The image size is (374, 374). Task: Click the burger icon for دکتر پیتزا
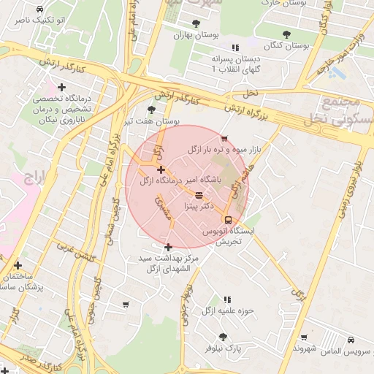tap(199, 195)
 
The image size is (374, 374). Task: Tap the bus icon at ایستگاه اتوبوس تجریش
tap(228, 219)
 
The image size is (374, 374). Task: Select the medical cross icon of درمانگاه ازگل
tap(161, 169)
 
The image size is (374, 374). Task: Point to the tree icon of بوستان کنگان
tap(286, 34)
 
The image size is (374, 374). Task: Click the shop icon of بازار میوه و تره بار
tap(224, 139)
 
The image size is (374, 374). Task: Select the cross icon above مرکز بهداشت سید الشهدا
tap(169, 247)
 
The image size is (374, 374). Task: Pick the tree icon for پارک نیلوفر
tap(223, 337)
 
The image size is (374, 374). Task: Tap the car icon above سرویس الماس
tap(351, 340)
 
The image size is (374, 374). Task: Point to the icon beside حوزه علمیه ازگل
tap(227, 299)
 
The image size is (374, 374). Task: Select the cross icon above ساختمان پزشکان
tap(18, 266)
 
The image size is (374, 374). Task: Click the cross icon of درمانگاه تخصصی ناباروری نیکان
tap(62, 88)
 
